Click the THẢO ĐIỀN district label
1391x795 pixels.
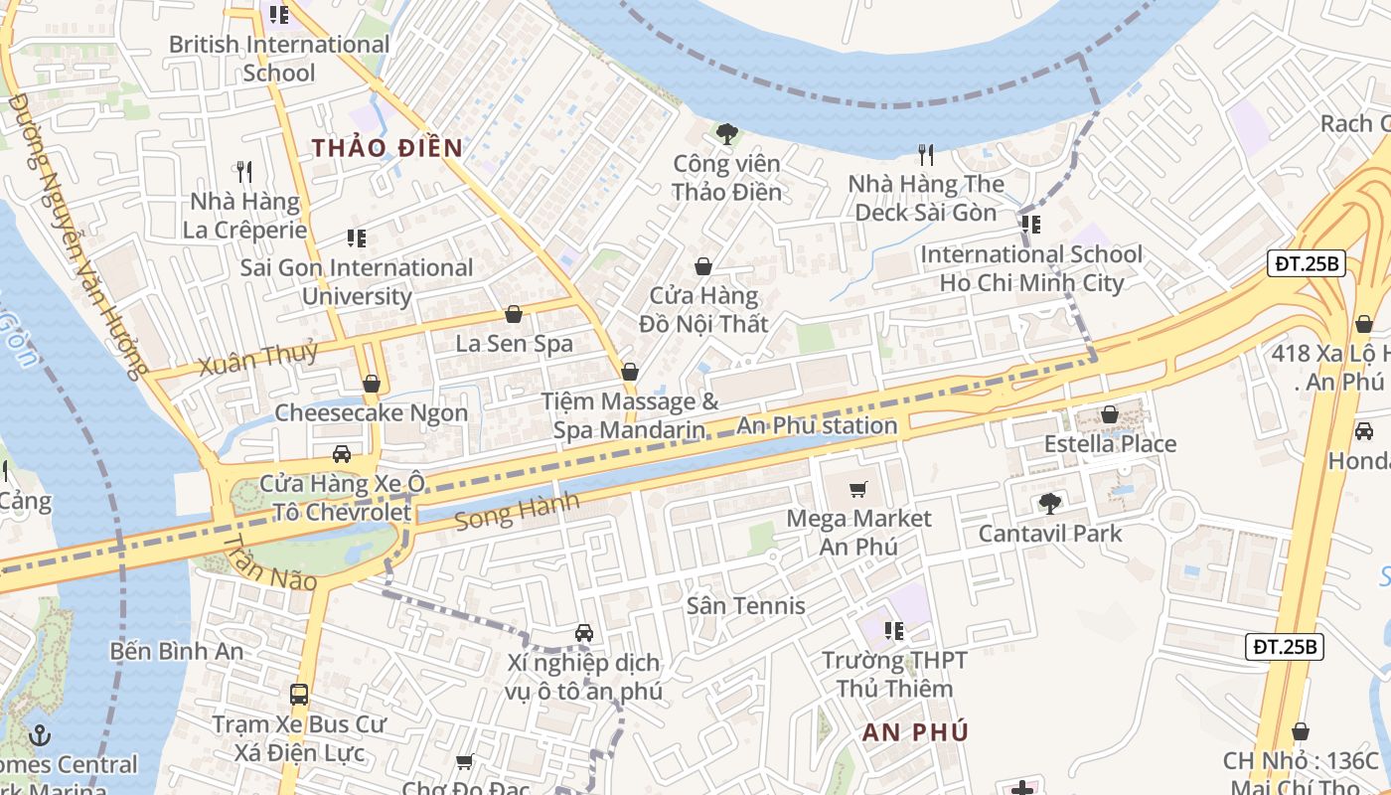coord(387,148)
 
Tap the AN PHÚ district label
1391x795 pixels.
coord(914,732)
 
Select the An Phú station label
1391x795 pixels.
coord(817,426)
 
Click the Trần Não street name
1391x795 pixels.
coord(269,563)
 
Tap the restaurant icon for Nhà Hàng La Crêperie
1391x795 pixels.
coord(244,172)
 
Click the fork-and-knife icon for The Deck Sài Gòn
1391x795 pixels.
coord(926,154)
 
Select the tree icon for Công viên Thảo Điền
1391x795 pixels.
coord(726,134)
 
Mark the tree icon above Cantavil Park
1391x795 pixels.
coord(1049,504)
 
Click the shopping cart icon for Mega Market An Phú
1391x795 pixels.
coord(857,489)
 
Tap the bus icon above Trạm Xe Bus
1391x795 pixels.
coord(298,695)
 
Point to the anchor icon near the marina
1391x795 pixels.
coord(40,735)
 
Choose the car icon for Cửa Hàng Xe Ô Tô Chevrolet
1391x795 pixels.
coord(341,454)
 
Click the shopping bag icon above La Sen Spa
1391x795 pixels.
coord(514,315)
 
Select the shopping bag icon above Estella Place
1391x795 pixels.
coord(1110,414)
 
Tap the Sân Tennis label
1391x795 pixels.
coord(745,605)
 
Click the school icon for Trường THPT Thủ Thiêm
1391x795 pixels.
coord(893,631)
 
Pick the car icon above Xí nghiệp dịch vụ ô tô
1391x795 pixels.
coord(583,633)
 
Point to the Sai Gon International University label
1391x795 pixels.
coord(357,282)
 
